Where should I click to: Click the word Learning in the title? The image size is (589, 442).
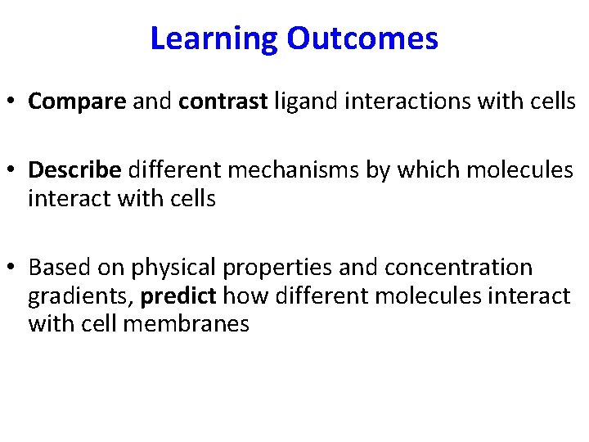pos(214,38)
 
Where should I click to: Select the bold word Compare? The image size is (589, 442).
pos(77,101)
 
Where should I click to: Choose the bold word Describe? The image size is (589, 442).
pos(74,170)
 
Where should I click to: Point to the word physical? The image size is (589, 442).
pos(164,268)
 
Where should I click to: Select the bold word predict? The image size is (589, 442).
pos(179,295)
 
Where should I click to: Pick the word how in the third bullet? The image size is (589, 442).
pos(242,295)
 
